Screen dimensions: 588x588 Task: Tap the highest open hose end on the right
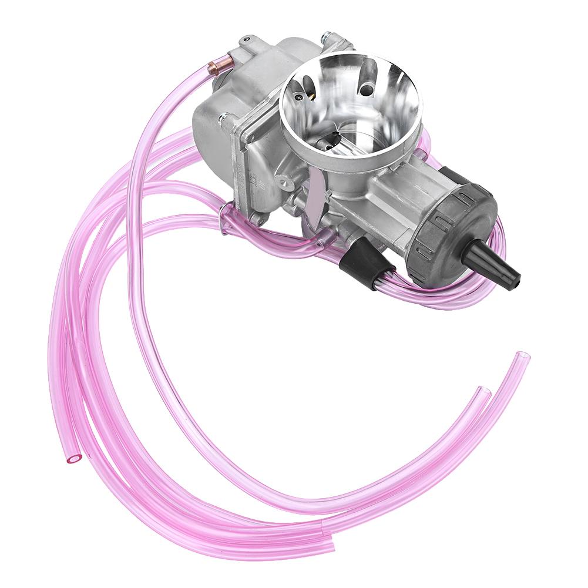pos(522,356)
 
